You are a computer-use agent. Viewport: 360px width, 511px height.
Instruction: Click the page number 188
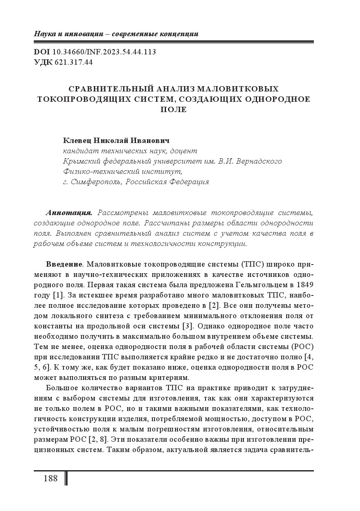coord(50,478)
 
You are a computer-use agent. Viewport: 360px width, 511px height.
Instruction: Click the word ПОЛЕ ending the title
coord(173,110)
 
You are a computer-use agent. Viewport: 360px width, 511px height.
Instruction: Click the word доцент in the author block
coord(184,151)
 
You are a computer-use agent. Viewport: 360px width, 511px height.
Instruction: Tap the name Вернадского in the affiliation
coord(257,161)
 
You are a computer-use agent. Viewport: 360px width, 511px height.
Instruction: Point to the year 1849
coord(304,285)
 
